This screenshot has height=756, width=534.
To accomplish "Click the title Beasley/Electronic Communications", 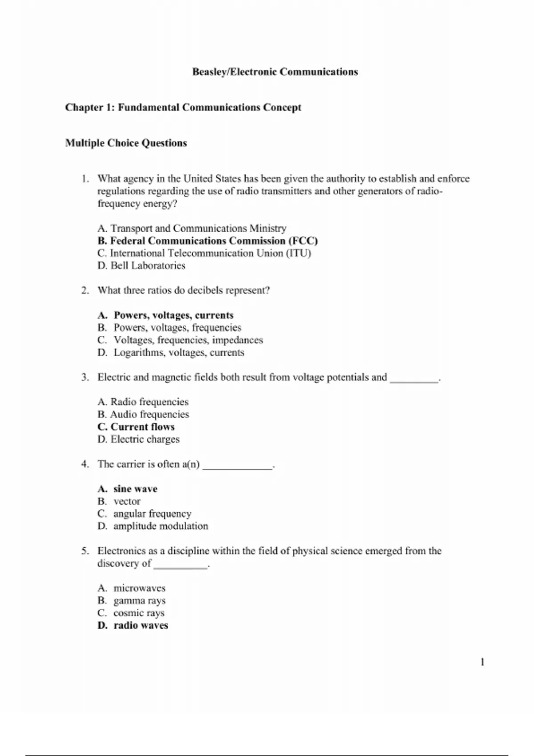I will click(x=275, y=72).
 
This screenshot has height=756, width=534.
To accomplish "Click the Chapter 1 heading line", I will click(x=183, y=108).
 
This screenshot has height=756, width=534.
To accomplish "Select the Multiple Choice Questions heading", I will click(x=126, y=143).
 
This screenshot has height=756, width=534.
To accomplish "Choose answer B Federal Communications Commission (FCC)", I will click(x=207, y=241).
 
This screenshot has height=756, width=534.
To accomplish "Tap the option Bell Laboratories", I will click(x=141, y=265).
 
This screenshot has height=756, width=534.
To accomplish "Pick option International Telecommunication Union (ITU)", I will click(x=204, y=253).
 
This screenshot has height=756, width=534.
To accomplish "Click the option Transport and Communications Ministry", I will click(x=192, y=229).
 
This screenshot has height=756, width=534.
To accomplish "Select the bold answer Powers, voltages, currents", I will click(x=166, y=315).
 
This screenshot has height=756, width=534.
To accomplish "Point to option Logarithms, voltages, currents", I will click(x=171, y=353).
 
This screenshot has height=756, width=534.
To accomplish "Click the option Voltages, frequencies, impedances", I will click(x=180, y=340).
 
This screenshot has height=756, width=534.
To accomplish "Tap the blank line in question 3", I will click(x=414, y=379).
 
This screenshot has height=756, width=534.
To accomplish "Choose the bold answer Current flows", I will click(x=136, y=427).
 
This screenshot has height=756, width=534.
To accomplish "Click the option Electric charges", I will click(x=138, y=439).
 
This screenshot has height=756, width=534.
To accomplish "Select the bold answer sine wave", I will click(x=128, y=489).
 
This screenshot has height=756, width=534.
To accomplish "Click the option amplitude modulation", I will click(x=153, y=526).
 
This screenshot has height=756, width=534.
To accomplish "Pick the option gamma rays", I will click(x=131, y=601).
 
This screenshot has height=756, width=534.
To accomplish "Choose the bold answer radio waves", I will click(x=133, y=626).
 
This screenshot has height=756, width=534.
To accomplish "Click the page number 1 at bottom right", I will click(x=482, y=663).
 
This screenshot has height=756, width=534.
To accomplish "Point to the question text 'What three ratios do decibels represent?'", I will click(x=183, y=290).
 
